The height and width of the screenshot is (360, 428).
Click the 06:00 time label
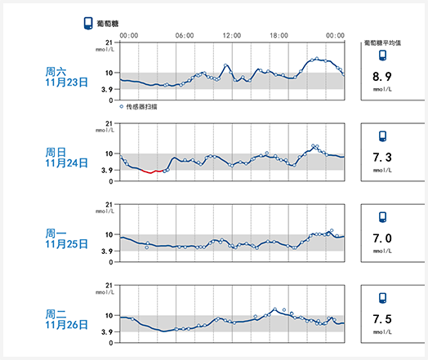(x=185, y=35)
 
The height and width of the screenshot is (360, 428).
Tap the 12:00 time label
(x=232, y=35)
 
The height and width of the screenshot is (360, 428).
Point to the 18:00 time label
(x=279, y=35)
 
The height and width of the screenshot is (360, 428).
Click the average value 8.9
(x=382, y=77)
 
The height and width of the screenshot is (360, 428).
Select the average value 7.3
(x=382, y=158)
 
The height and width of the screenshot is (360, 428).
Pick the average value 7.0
(x=382, y=238)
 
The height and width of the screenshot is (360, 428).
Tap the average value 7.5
(x=382, y=319)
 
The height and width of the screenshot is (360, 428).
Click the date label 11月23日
(x=66, y=82)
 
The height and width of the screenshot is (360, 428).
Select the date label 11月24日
(x=66, y=163)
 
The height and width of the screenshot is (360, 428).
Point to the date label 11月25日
(x=66, y=244)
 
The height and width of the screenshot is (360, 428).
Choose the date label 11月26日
(x=66, y=325)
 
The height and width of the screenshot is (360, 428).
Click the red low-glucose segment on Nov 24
(x=152, y=171)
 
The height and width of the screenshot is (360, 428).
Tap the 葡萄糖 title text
(x=108, y=24)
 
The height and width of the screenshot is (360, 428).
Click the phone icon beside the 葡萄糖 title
(x=88, y=24)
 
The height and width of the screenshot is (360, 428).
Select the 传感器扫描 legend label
(x=141, y=107)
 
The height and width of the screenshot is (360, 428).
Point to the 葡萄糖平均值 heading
(x=382, y=42)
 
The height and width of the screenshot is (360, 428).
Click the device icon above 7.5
(x=383, y=298)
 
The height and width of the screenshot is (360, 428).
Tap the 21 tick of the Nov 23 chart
(x=109, y=42)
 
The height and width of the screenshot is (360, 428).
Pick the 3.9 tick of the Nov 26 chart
(x=107, y=332)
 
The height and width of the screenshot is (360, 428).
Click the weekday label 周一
(x=56, y=233)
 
